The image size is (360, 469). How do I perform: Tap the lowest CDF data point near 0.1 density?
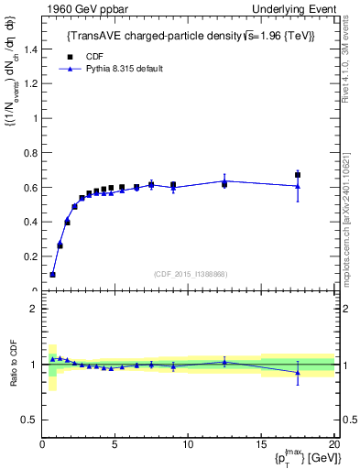52,274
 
